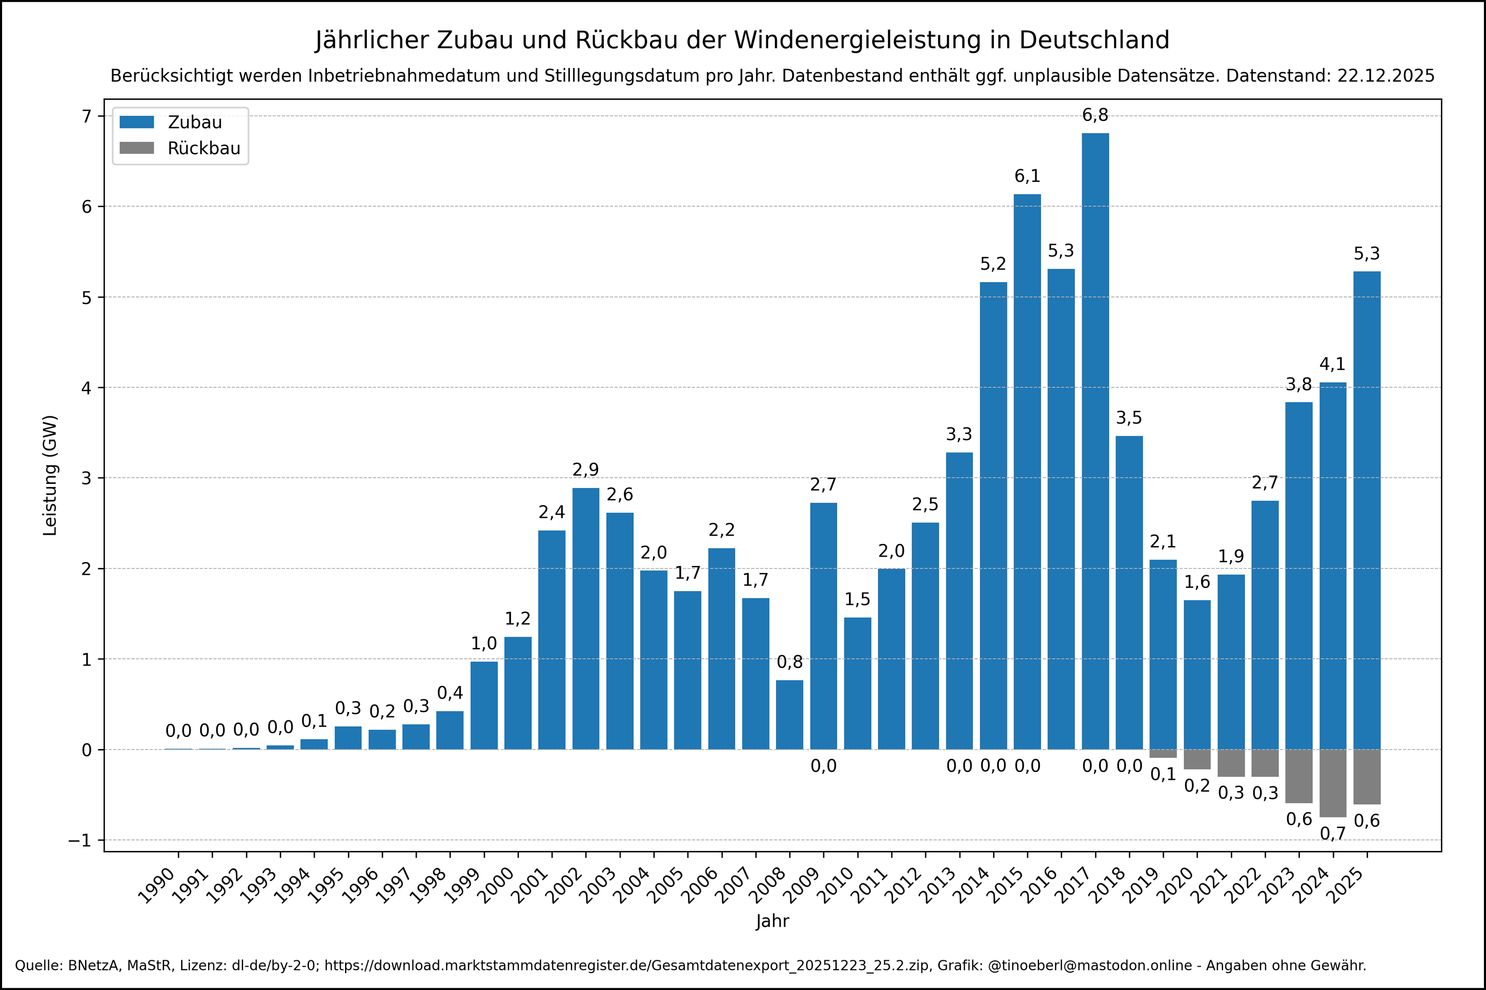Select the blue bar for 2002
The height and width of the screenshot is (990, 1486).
pos(586,618)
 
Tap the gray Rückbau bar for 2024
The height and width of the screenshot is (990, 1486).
pos(1333,783)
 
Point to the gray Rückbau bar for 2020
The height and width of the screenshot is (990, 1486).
pos(1197,759)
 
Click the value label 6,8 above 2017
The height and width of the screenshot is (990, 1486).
pos(1095,115)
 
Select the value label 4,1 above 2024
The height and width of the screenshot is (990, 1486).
pos(1333,364)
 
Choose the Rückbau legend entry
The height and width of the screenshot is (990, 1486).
pos(179,148)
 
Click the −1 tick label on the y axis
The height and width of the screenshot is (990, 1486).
pos(80,841)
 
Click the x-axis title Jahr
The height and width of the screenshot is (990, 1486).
pos(772,921)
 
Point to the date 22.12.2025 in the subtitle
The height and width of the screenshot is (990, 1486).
pos(1386,76)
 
